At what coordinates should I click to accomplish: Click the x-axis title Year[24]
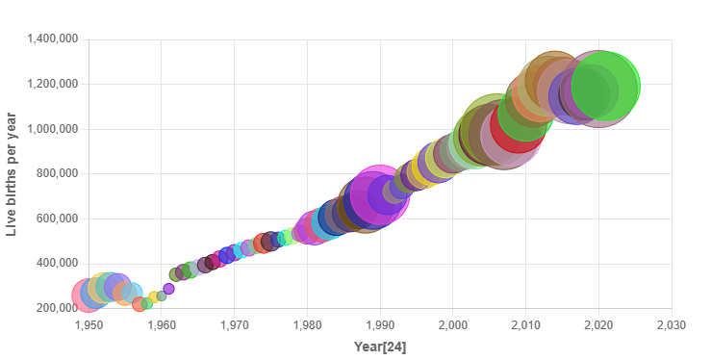pyautogui.click(x=379, y=346)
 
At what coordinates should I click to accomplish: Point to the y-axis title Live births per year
pyautogui.click(x=13, y=174)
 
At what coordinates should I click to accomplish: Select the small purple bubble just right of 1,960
pyautogui.click(x=168, y=289)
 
